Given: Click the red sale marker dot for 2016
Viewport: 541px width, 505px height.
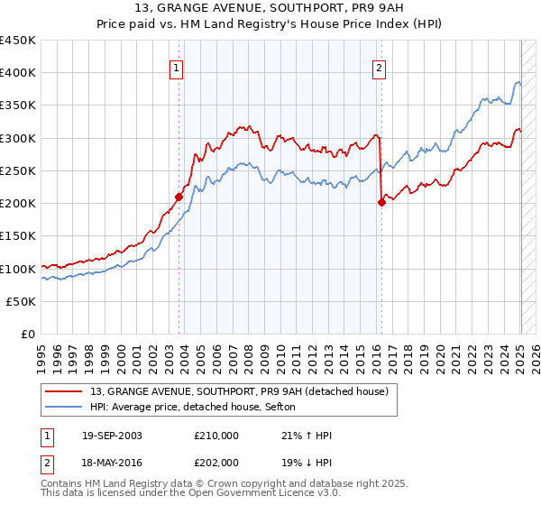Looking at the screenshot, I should [381, 202].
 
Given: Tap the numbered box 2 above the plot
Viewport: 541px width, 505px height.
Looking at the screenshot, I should [379, 67].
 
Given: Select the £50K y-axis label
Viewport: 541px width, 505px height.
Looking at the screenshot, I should [22, 302].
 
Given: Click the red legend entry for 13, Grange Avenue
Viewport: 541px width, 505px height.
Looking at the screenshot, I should [239, 390].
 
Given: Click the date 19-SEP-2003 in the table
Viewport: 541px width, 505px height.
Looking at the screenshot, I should [112, 436].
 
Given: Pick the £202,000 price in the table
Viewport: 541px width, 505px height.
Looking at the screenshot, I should [216, 461].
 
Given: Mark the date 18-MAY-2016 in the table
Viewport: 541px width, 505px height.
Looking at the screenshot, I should [112, 461].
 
